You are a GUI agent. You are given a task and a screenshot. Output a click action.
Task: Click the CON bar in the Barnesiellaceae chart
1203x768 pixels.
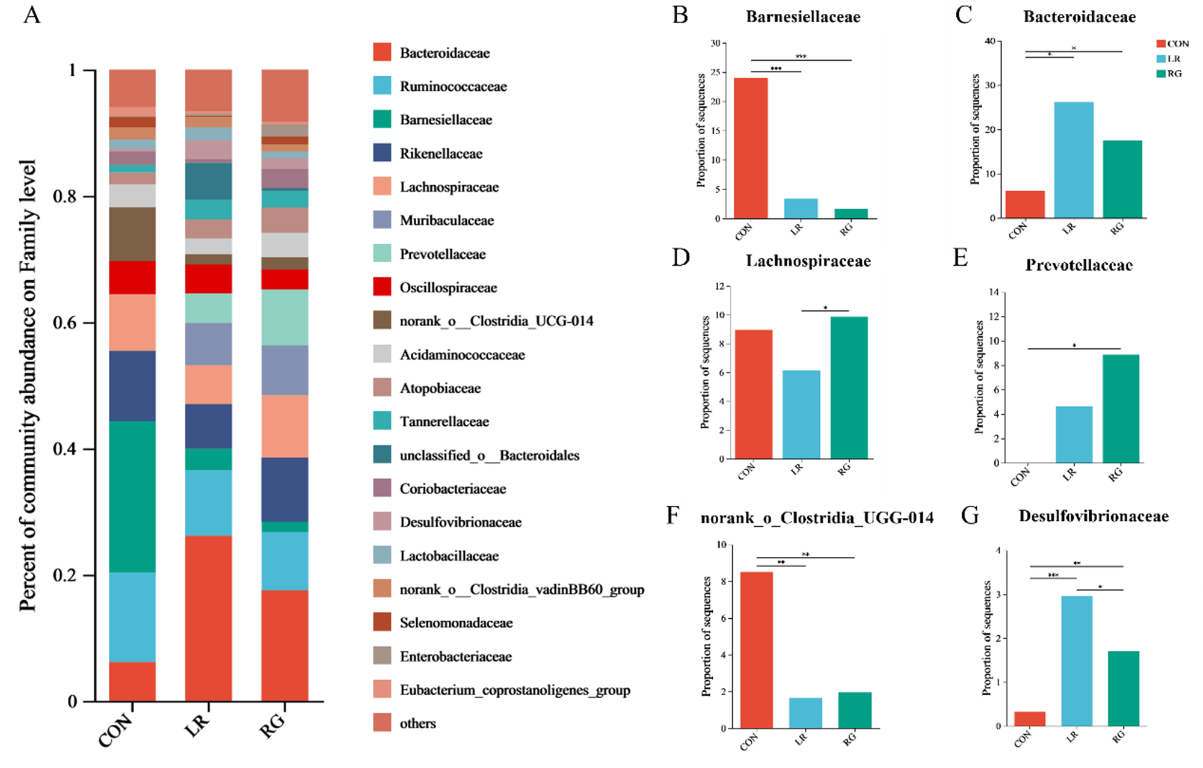751,148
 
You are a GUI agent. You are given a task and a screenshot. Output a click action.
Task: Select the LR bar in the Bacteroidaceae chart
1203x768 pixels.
1074,160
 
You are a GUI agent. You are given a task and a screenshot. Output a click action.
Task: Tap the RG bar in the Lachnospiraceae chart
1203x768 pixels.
849,388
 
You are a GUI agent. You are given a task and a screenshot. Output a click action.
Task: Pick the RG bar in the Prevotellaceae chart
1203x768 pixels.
1121,409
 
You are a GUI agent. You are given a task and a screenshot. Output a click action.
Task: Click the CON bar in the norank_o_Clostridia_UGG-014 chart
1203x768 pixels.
756,650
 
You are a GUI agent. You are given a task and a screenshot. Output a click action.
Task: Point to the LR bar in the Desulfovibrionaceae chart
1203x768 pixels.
1077,661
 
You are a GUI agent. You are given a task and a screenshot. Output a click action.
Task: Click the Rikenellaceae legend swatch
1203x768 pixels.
382,153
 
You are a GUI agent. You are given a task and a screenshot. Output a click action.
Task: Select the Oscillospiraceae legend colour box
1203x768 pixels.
382,287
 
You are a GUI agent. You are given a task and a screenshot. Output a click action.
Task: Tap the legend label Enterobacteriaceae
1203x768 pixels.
456,656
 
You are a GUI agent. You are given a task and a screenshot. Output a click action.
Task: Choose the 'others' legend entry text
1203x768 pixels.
417,723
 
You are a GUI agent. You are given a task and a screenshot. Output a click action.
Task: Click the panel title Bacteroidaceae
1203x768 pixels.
1079,17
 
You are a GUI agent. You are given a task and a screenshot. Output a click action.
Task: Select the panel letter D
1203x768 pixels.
680,257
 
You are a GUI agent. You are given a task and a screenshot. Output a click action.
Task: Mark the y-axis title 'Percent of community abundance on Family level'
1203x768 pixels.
28,385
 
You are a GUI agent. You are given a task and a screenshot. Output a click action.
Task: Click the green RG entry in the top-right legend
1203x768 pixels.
1169,73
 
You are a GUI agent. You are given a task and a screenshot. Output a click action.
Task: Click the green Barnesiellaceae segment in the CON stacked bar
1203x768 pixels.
132,496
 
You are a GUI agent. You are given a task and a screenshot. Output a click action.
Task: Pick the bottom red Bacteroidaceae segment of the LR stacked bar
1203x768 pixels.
208,618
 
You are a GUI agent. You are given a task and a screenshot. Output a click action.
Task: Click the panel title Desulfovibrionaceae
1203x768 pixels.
1093,516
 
